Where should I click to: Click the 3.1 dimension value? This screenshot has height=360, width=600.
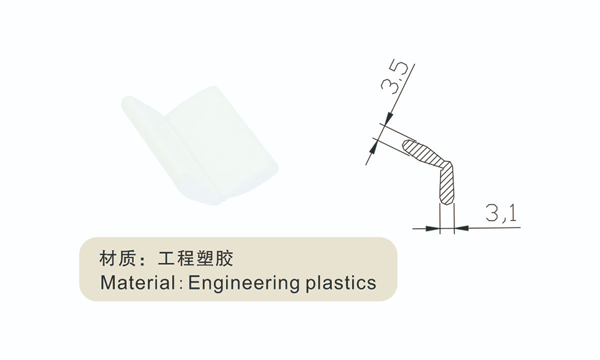coord(501,213)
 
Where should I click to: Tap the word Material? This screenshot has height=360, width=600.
coord(137,282)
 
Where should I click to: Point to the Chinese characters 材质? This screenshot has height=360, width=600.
coord(117,259)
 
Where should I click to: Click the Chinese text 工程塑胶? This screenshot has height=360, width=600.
coord(196,259)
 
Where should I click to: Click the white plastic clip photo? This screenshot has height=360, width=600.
coord(200,146)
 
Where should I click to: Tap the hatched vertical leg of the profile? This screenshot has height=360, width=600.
coord(446,184)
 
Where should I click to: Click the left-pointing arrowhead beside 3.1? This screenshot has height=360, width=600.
coord(461,228)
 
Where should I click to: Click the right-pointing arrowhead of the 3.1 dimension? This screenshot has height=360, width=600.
coord(432,228)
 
